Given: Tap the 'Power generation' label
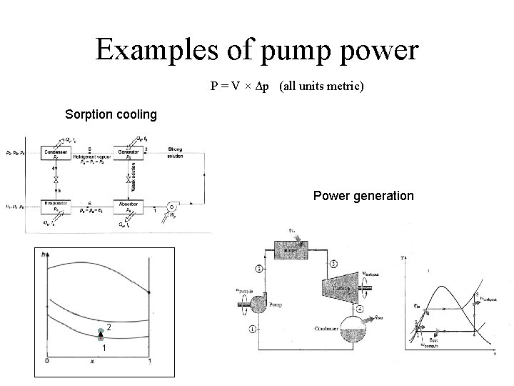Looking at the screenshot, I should click(x=363, y=195).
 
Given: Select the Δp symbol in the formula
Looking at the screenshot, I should click(x=263, y=86).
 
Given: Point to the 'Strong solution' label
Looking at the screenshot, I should click(x=176, y=153).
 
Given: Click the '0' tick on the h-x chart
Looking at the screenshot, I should click(x=46, y=362).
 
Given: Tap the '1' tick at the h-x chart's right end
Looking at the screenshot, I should click(x=148, y=362).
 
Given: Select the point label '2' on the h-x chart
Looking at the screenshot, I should click(x=107, y=327).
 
